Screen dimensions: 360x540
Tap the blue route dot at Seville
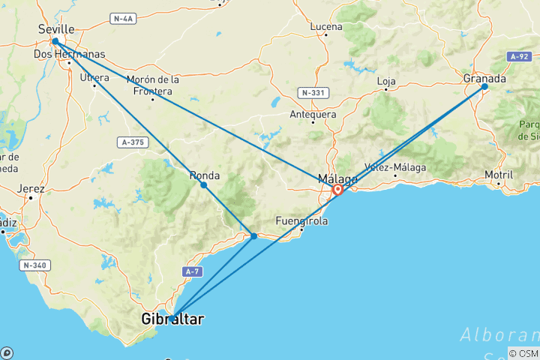[55, 42]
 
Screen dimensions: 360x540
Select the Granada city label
[484, 78]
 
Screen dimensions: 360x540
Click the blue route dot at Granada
[484, 87]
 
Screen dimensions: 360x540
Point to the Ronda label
[205, 175]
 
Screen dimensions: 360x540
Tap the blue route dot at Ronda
[204, 184]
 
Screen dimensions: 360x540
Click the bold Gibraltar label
[172, 319]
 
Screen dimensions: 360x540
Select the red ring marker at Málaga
[338, 190]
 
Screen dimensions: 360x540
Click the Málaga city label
[337, 178]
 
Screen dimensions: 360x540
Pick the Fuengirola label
[301, 221]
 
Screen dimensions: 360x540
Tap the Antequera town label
[313, 115]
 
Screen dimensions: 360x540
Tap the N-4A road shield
[121, 17]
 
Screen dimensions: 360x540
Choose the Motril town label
[499, 174]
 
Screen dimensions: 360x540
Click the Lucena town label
[326, 27]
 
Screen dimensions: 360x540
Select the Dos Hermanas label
[69, 54]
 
